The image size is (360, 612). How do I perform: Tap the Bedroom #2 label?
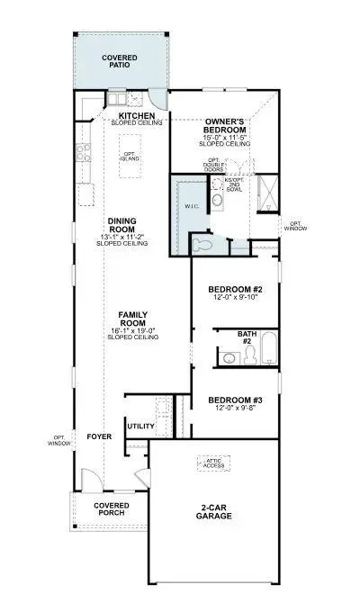click(x=234, y=289)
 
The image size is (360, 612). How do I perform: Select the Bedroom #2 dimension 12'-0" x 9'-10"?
click(x=234, y=298)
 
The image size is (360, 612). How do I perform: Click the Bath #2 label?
click(x=247, y=337)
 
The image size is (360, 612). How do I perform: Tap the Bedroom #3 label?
click(x=234, y=400)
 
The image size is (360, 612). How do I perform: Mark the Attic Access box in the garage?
click(x=214, y=462)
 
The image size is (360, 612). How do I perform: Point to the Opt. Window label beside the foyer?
click(x=58, y=440)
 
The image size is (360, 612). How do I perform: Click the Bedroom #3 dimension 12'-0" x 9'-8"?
click(x=234, y=409)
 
